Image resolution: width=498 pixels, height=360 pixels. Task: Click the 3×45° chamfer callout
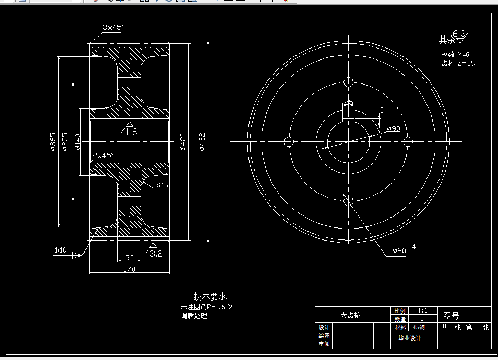coord(113,27)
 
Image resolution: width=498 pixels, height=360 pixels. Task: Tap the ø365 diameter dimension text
coord(53,142)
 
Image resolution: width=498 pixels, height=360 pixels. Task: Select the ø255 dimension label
coord(65,142)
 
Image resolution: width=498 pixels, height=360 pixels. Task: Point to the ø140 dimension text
coord(78,142)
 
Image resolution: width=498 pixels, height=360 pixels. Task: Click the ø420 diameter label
coord(183,142)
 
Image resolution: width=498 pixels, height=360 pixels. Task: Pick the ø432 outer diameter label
coord(202,142)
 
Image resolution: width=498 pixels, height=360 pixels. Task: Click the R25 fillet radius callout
coord(160,185)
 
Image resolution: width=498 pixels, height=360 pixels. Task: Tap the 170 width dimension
coord(129,269)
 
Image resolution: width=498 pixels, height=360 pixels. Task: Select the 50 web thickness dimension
coord(129,258)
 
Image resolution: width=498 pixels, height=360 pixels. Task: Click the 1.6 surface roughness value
coord(131,133)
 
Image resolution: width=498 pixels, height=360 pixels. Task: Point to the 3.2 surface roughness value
coord(157,254)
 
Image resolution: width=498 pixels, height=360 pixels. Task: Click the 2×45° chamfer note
coord(103,155)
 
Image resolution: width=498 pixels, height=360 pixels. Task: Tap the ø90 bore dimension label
coord(393,128)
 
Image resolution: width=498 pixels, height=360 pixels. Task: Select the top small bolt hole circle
coord(349,82)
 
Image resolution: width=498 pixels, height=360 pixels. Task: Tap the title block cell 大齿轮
coord(350,316)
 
